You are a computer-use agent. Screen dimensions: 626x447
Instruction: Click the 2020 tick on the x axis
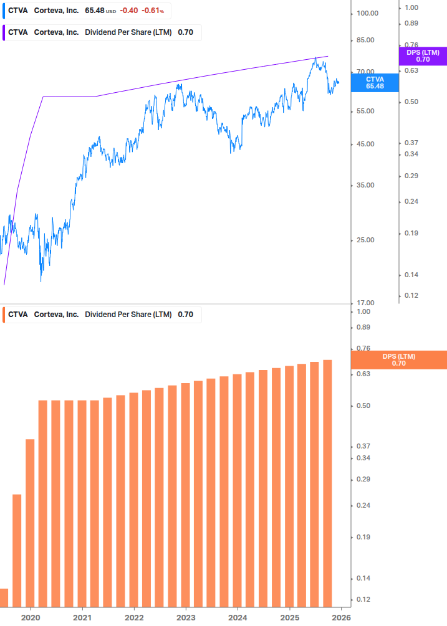pos(30,618)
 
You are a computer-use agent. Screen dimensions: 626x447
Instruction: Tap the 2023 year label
pos(185,618)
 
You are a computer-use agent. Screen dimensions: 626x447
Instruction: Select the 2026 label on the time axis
pos(340,618)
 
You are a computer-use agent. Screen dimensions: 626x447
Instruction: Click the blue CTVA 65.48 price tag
pos(375,82)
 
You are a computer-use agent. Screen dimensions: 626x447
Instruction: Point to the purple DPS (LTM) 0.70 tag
pos(423,56)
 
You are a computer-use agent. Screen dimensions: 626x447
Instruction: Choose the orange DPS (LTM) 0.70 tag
pos(399,360)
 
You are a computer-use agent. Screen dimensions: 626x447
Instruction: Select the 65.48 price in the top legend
pos(95,11)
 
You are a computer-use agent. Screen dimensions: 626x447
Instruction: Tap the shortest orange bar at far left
pos(4,597)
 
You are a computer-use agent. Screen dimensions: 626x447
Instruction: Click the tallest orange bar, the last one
pos(327,483)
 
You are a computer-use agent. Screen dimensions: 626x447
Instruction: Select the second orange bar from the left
pos(17,551)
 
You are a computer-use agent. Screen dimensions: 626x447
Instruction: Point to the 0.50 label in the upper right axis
pos(411,102)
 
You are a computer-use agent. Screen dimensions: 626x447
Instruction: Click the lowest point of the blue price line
pos(41,281)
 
